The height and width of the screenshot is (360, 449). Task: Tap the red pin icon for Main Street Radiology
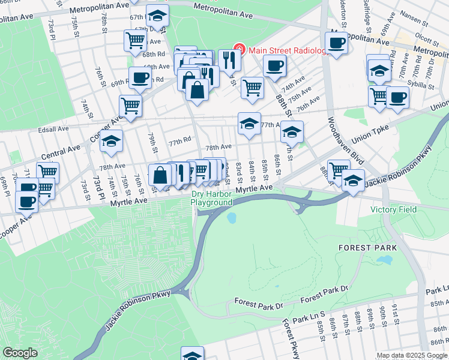(x=238, y=49)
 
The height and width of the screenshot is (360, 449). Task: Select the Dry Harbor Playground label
(x=211, y=199)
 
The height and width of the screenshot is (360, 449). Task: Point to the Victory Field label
(x=393, y=209)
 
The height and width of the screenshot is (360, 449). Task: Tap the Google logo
(x=20, y=353)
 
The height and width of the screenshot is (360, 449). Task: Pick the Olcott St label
(x=428, y=35)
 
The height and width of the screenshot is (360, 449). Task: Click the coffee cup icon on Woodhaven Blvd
(x=337, y=43)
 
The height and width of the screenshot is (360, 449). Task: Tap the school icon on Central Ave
(x=111, y=141)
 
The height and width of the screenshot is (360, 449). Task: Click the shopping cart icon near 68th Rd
(x=135, y=40)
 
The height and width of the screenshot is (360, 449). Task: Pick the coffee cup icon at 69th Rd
(x=140, y=77)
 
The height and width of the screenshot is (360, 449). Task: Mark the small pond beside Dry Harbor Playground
(x=231, y=218)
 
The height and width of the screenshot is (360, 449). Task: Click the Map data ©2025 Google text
(x=412, y=355)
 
